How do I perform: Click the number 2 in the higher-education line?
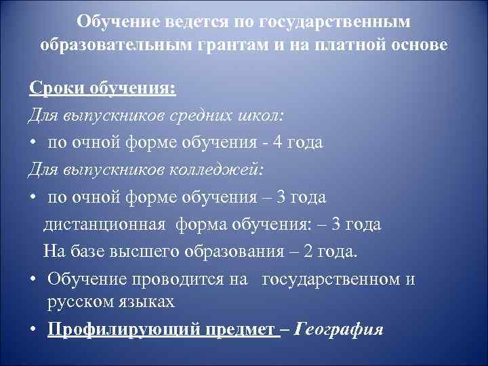[310, 251]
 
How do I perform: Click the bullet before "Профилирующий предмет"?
[33, 329]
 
